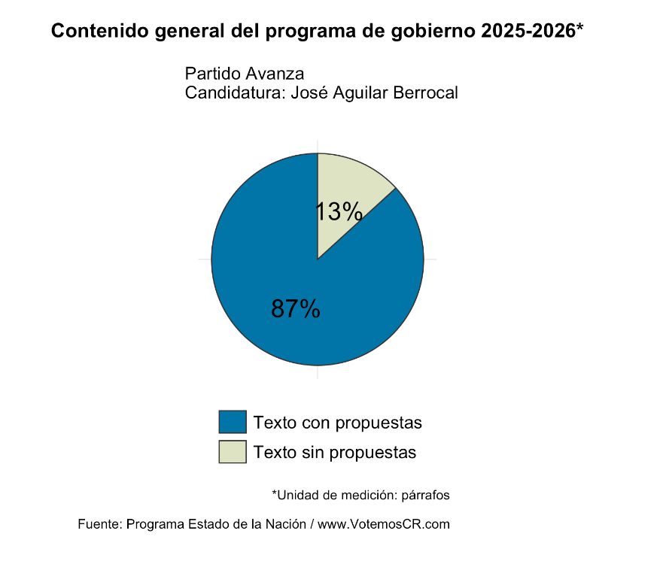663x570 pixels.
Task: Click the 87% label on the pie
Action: pos(296,308)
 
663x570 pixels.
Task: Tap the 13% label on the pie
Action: pos(338,212)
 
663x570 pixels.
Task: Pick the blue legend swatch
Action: pos(233,422)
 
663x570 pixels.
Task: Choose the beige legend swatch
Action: pos(233,452)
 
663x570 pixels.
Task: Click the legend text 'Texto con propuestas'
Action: pos(338,423)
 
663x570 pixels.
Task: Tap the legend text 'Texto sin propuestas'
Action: pos(335,453)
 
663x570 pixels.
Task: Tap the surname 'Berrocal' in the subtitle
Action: pos(425,93)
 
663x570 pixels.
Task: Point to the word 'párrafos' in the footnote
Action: pos(425,495)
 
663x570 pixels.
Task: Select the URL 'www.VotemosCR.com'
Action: pos(384,524)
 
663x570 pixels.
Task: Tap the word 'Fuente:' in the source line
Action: pos(100,524)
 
